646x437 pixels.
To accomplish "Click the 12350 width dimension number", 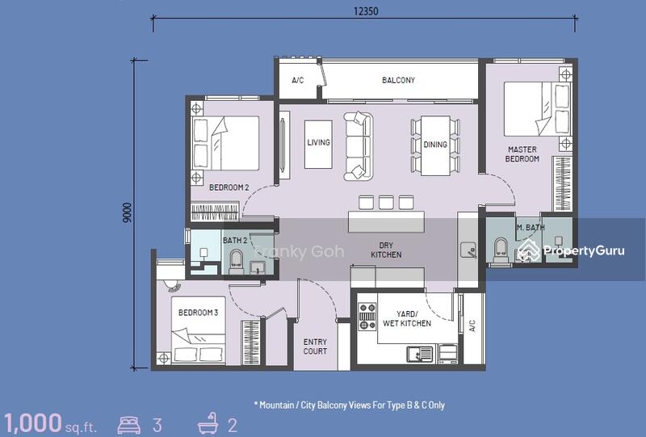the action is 366,11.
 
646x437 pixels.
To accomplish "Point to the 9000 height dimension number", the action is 128,212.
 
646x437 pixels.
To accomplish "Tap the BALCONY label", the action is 398,80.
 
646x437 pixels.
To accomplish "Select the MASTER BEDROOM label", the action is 522,153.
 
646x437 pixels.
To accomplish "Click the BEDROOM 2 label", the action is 229,187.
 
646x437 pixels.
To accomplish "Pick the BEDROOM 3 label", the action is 198,313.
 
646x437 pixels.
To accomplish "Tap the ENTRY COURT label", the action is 315,347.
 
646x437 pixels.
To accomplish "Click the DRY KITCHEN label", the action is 386,250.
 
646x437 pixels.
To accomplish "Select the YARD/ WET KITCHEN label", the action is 407,319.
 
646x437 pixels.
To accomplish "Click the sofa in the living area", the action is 359,146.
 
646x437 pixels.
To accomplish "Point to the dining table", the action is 435,146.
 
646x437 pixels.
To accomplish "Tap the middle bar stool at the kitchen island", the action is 386,203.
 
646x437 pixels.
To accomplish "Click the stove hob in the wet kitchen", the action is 367,317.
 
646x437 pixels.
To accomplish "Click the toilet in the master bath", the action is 500,250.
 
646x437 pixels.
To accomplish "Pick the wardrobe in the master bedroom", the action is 562,184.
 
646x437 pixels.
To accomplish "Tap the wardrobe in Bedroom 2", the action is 215,212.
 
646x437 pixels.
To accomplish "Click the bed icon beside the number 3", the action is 129,425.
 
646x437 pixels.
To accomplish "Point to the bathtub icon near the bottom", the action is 208,423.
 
